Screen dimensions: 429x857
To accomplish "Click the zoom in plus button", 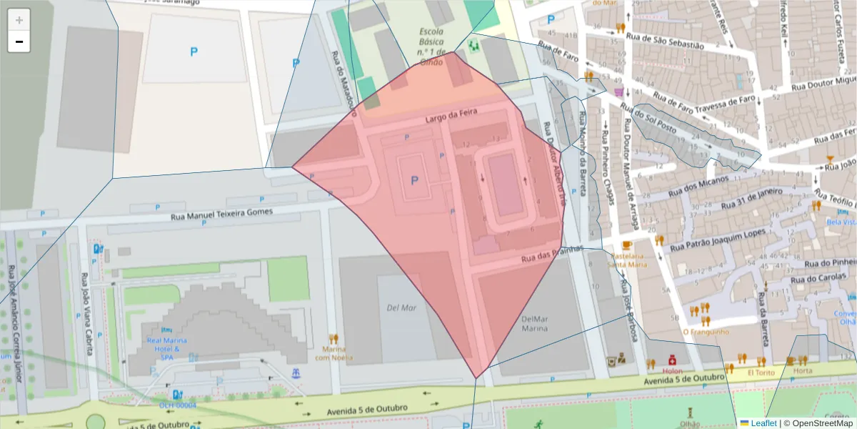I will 19,20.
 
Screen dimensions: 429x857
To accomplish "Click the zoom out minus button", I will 19,42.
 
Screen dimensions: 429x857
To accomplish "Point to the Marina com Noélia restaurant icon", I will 333,338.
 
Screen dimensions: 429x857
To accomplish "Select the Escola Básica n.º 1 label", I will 431,46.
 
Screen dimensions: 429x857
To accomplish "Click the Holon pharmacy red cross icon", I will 672,360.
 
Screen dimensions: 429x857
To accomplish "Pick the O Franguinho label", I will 706,331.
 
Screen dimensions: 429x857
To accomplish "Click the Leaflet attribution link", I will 758,423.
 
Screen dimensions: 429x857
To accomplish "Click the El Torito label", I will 760,373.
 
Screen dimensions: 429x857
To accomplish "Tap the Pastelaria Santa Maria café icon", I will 627,245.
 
